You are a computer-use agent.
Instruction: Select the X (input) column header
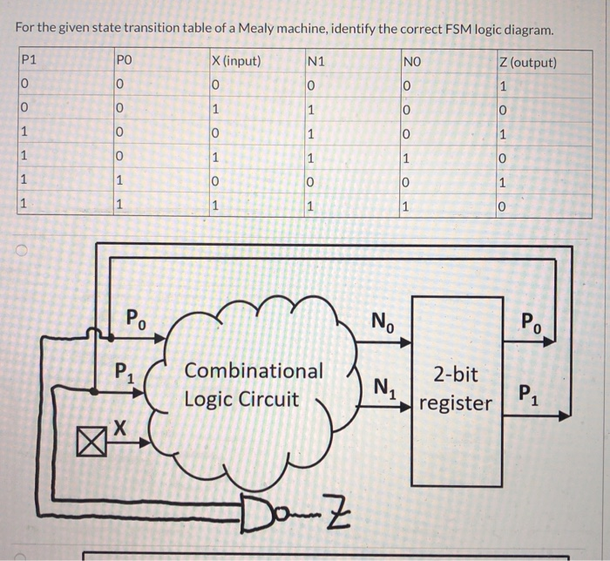point(236,63)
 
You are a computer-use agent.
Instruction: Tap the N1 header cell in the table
point(317,63)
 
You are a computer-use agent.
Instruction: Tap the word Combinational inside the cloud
point(254,371)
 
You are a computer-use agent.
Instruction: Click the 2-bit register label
point(456,389)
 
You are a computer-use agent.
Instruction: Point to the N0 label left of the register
point(383,320)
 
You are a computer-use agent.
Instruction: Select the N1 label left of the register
point(383,385)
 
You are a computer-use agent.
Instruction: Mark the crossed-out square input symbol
point(90,443)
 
